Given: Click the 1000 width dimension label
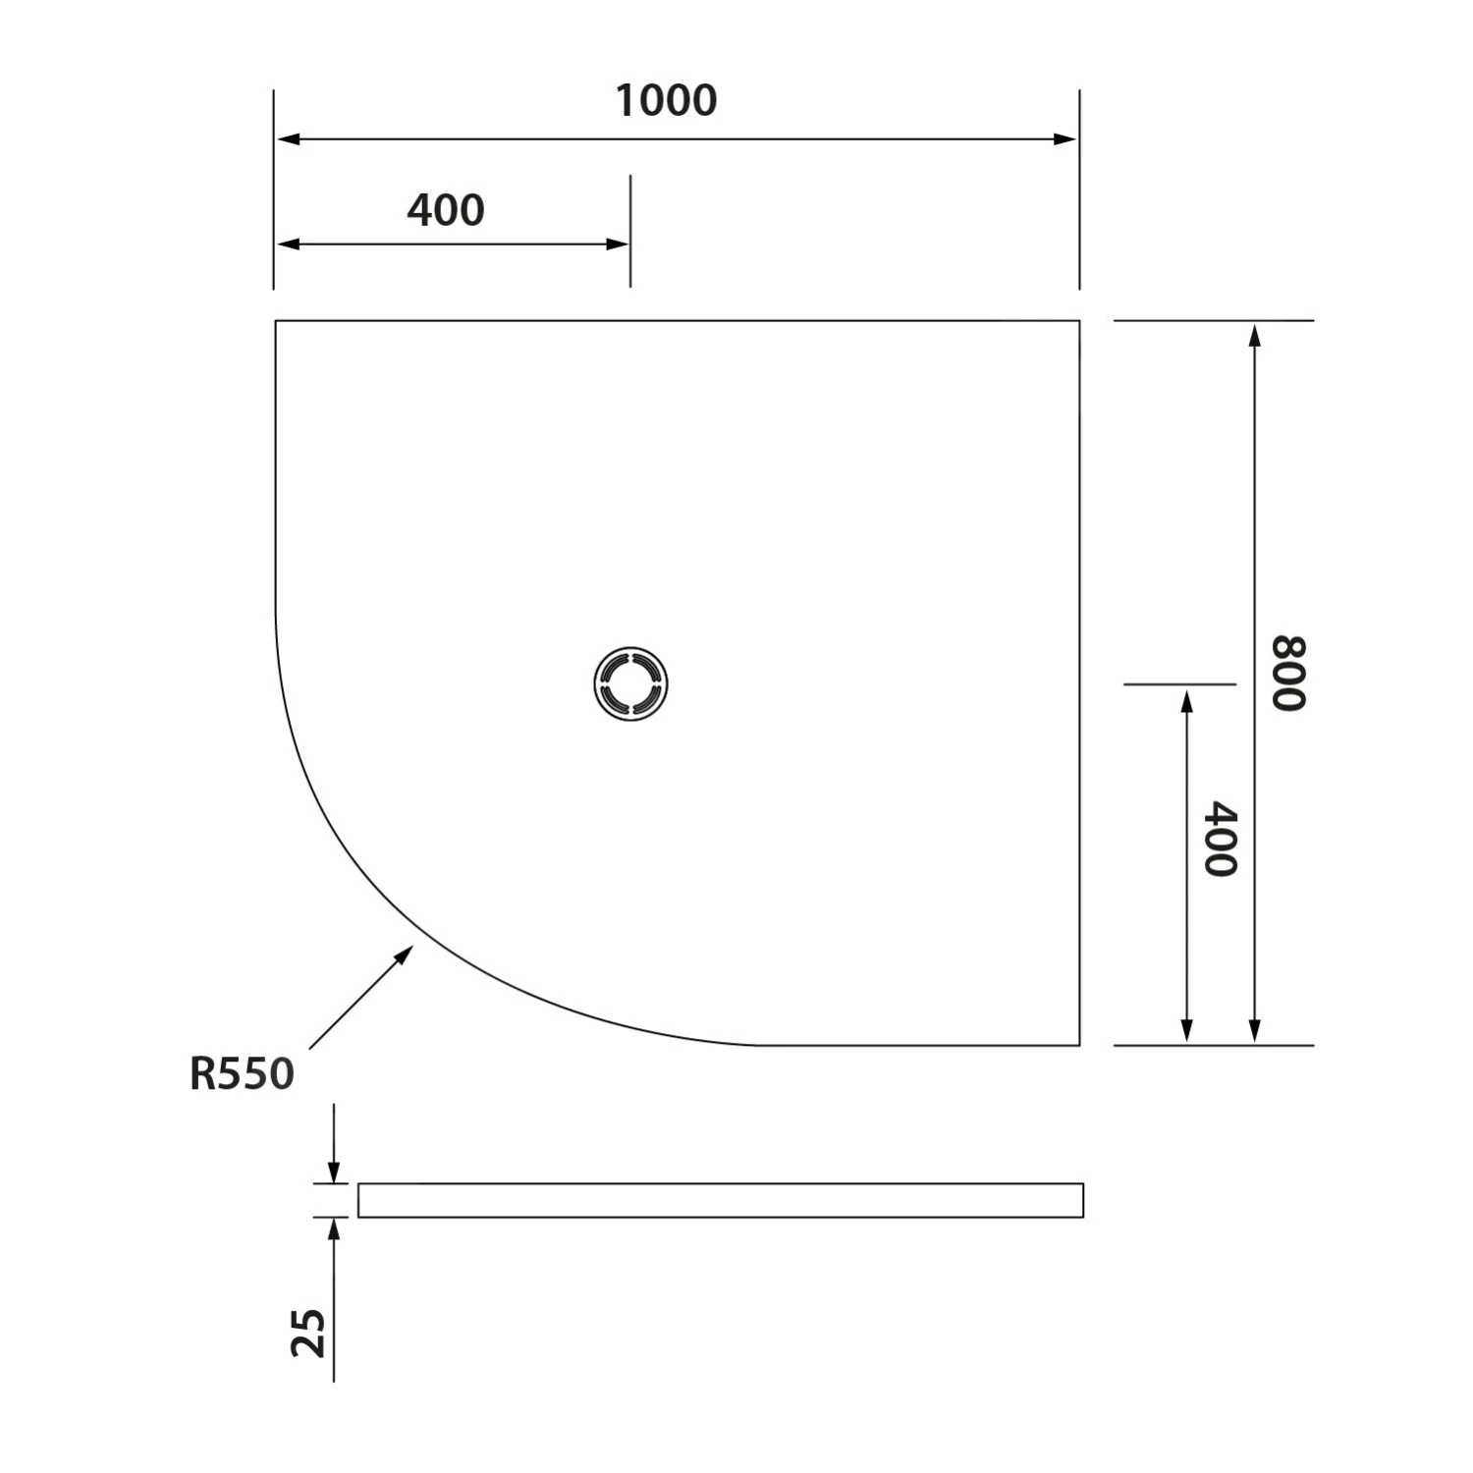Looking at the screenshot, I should (x=666, y=101).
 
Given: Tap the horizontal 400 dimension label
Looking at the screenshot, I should (x=446, y=210).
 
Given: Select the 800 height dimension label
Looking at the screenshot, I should (x=1289, y=673).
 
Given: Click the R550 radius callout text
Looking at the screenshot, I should (x=242, y=1073).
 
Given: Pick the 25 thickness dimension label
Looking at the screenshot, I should (x=309, y=1333).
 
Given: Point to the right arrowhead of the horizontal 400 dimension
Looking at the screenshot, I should (x=618, y=244).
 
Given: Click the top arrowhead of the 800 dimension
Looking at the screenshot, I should (x=1254, y=334).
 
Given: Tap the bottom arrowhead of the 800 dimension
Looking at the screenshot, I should (x=1254, y=1030).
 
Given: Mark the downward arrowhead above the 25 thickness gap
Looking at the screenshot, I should (x=334, y=1173).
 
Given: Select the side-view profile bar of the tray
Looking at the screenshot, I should (x=720, y=1200).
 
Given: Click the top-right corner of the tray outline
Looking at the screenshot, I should (x=1079, y=321).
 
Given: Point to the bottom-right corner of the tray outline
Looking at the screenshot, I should (x=1079, y=1045).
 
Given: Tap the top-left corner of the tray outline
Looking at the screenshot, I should (x=276, y=321).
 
